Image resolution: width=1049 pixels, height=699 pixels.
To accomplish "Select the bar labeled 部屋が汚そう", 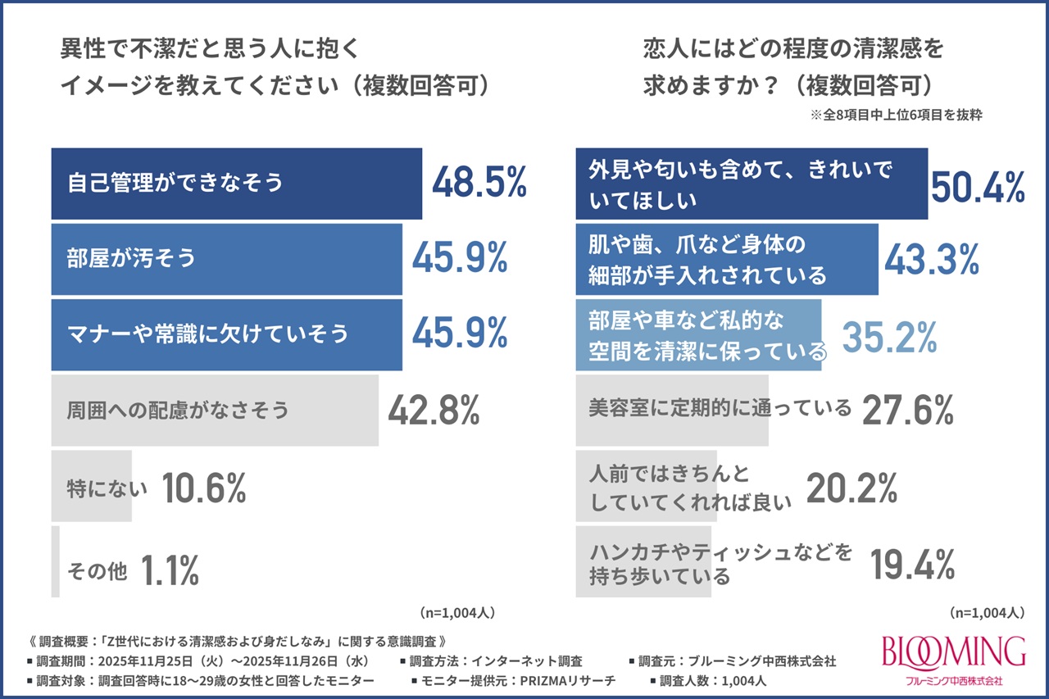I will tap(226, 259).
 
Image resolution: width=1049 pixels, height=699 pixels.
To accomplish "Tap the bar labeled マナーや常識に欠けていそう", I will tap(226, 334).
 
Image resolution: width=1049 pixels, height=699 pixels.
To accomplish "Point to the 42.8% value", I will tap(434, 410).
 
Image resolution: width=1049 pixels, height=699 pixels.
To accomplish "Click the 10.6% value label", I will tap(204, 488).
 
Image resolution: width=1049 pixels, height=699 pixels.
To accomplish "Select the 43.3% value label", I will tap(932, 259).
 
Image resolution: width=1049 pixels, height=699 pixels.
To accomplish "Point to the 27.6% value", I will tap(908, 410).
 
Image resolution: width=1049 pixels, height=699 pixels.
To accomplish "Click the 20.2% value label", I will tap(852, 488).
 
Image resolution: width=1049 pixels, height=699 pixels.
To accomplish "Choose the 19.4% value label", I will tap(911, 564).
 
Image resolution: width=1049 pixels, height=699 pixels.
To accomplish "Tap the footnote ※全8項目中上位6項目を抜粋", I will tap(897, 116).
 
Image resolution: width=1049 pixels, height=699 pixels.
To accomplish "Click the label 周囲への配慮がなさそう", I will tap(178, 410).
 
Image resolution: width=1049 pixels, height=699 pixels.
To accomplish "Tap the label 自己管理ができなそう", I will tap(175, 183).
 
